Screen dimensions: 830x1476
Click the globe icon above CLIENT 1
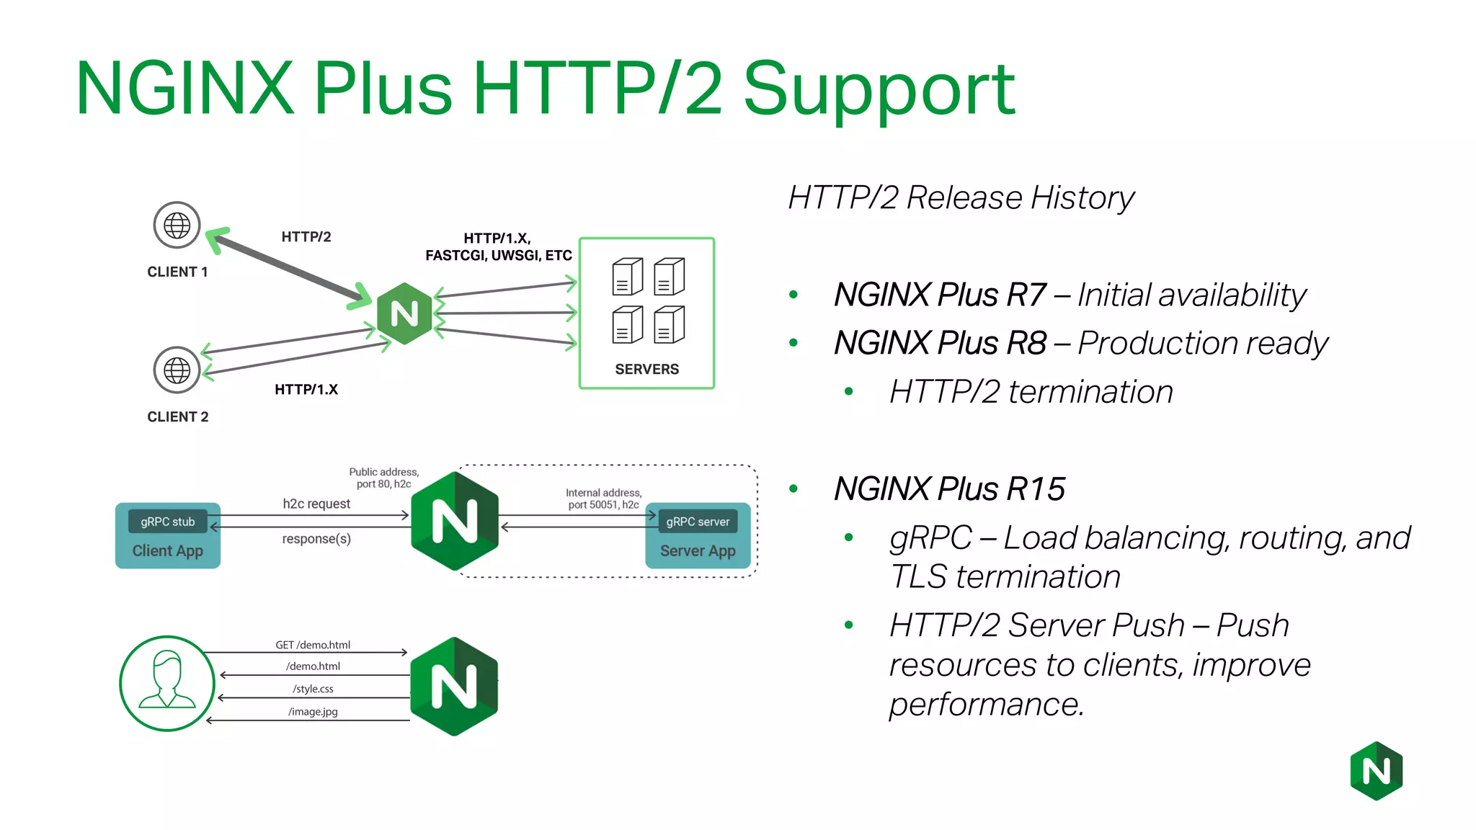pos(177,226)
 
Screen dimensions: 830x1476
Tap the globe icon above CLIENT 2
pos(177,370)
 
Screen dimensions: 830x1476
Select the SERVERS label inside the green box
pos(646,369)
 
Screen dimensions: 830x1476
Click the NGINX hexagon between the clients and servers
pos(404,313)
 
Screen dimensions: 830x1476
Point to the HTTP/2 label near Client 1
pos(306,237)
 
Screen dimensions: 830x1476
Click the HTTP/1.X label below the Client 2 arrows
pos(306,390)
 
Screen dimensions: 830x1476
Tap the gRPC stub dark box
pos(167,522)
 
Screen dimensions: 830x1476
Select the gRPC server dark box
pos(698,522)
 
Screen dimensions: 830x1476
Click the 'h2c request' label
pos(316,504)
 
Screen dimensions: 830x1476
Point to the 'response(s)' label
pos(316,539)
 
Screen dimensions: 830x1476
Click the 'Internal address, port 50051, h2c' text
pos(603,499)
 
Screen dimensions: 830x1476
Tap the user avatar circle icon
pos(167,683)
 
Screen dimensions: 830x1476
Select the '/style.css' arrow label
pos(313,689)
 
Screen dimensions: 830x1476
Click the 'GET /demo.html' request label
pos(313,645)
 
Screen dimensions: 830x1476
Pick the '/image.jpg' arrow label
pos(313,712)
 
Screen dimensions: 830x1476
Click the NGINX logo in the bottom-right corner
pos(1376,771)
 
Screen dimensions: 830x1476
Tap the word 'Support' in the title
pos(879,89)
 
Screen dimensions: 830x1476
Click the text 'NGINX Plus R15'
pos(949,489)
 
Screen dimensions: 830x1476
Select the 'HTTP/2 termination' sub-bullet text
pos(1031,392)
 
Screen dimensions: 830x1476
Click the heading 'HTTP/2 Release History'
pos(961,197)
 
